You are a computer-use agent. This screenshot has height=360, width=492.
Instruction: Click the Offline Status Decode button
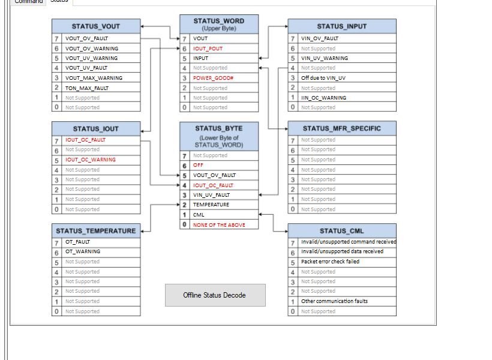click(215, 295)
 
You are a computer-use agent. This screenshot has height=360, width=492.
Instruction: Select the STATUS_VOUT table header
click(96, 26)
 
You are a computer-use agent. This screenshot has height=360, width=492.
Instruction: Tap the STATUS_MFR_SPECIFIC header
click(341, 128)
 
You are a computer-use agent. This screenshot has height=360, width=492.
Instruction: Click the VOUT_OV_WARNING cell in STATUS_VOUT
click(92, 49)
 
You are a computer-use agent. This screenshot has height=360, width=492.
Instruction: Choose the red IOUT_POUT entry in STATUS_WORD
click(208, 49)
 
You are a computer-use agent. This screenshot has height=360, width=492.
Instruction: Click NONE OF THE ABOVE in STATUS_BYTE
click(218, 225)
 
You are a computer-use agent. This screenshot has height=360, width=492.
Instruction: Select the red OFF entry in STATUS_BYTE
click(198, 165)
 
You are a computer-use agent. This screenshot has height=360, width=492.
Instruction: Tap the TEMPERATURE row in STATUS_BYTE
click(211, 205)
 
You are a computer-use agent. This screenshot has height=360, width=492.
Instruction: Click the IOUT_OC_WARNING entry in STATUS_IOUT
click(91, 160)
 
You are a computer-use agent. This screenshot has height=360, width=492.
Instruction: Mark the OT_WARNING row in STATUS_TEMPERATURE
click(83, 251)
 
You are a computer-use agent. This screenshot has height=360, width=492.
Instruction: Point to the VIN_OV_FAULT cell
click(320, 38)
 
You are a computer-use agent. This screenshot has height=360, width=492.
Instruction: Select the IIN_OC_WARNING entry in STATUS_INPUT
click(323, 98)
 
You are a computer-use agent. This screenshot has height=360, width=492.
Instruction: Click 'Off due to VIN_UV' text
click(324, 78)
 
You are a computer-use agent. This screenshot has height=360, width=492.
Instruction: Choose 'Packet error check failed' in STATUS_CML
click(330, 262)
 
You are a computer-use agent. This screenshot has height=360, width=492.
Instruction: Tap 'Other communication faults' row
click(334, 301)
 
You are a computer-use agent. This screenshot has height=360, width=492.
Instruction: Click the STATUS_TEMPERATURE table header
click(96, 230)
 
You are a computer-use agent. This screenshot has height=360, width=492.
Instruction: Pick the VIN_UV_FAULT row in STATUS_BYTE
click(211, 195)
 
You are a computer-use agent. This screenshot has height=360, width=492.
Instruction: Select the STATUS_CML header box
click(341, 230)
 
